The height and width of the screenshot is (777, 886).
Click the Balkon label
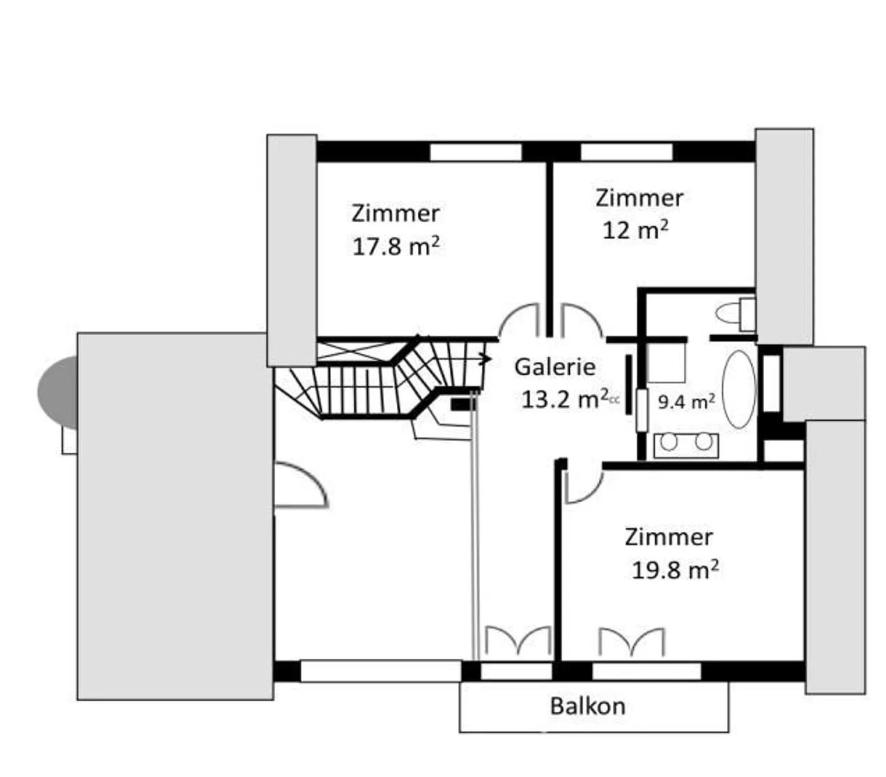tap(588, 706)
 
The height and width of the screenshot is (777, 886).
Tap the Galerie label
tap(554, 367)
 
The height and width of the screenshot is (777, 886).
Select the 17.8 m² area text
tap(396, 247)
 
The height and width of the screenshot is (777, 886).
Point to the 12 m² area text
tap(636, 229)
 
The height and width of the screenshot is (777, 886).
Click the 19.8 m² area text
tap(675, 570)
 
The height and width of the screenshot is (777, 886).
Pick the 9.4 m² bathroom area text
tap(687, 402)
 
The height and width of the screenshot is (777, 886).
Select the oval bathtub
tap(738, 389)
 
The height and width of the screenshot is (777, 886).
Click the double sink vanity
tap(686, 445)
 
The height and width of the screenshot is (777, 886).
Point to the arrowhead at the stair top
tap(486, 359)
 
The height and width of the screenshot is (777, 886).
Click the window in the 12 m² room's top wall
tap(626, 152)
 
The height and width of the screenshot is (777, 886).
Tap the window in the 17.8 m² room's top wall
tap(476, 152)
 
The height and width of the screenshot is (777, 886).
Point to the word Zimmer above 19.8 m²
tap(669, 537)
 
